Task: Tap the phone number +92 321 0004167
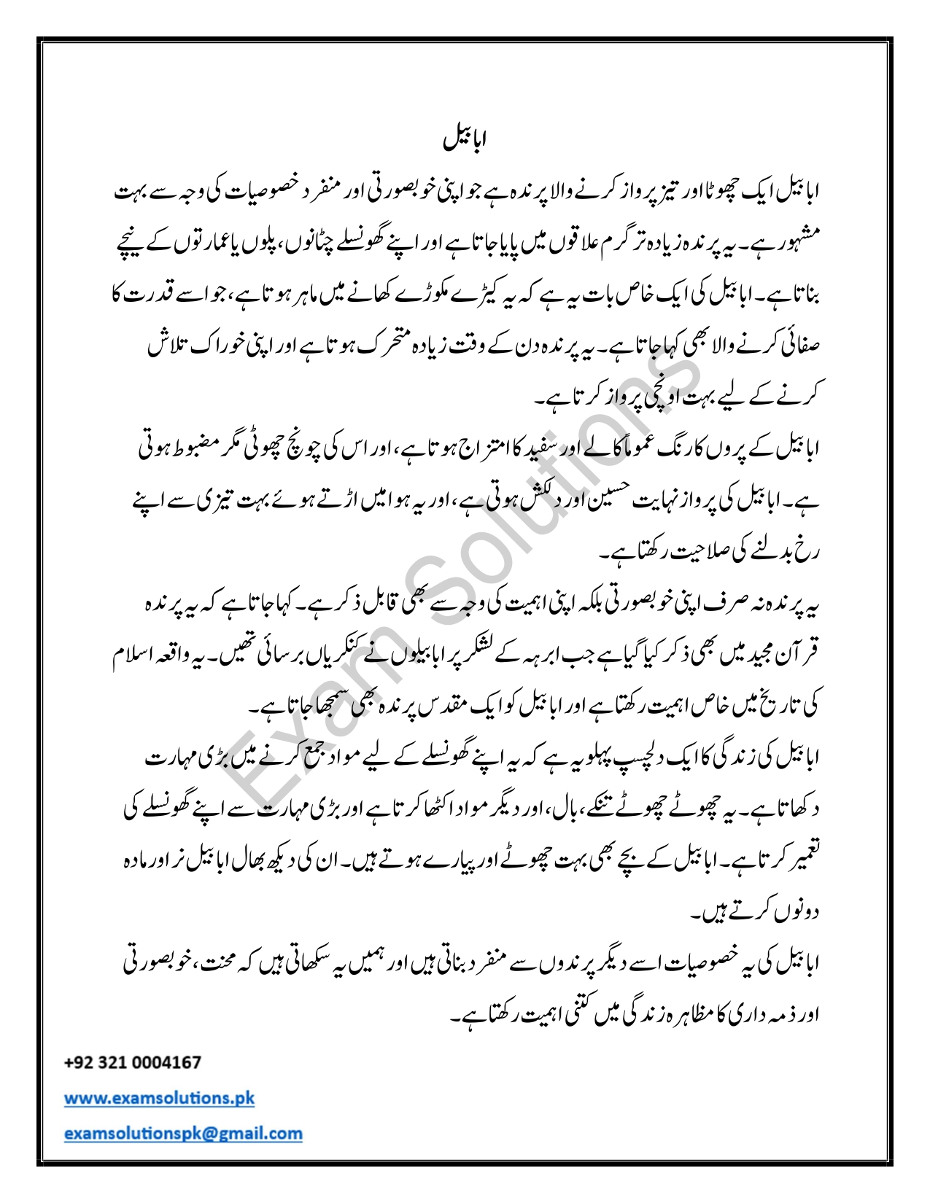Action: tap(133, 1062)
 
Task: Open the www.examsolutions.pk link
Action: tap(159, 1097)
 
